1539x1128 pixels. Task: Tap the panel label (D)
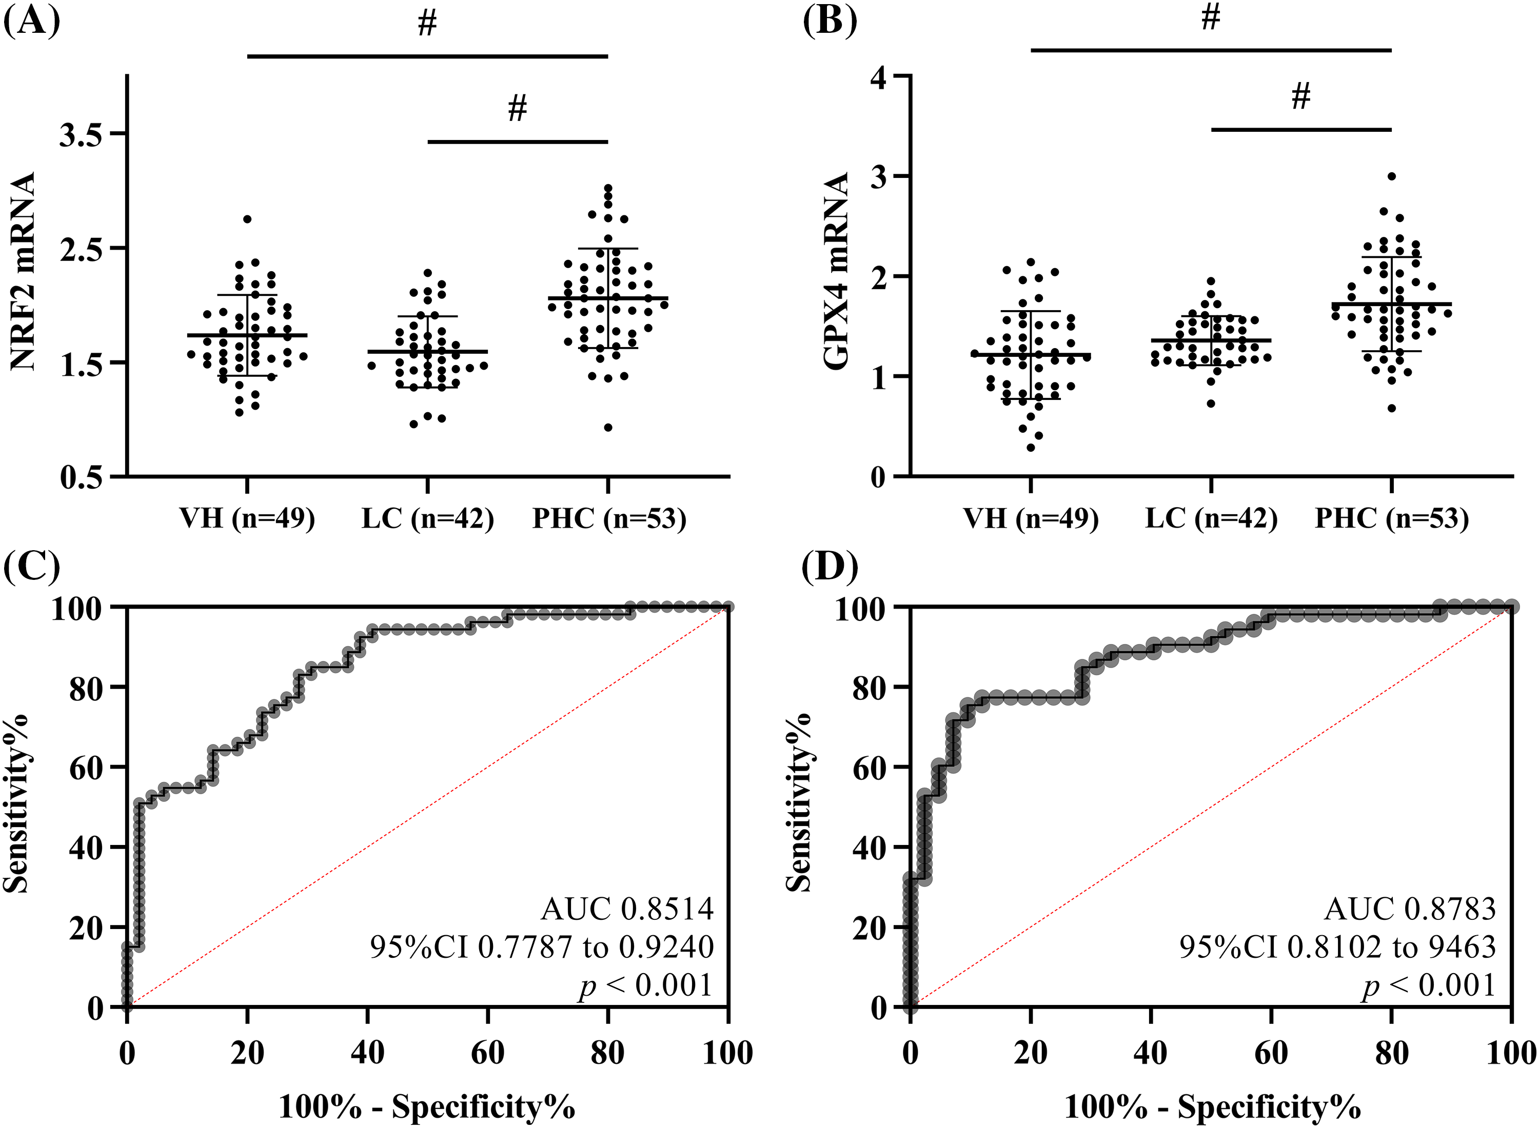pyautogui.click(x=830, y=566)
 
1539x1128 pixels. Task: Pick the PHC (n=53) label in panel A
pyautogui.click(x=609, y=519)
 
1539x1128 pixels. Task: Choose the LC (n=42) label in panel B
pyautogui.click(x=1211, y=519)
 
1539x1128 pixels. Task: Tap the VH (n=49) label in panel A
pyautogui.click(x=247, y=519)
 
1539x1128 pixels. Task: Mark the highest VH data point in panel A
pyautogui.click(x=247, y=219)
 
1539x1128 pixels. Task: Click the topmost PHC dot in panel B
pyautogui.click(x=1391, y=176)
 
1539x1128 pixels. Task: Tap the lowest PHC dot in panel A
pyautogui.click(x=608, y=428)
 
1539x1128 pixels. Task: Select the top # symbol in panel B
pyautogui.click(x=1211, y=18)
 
